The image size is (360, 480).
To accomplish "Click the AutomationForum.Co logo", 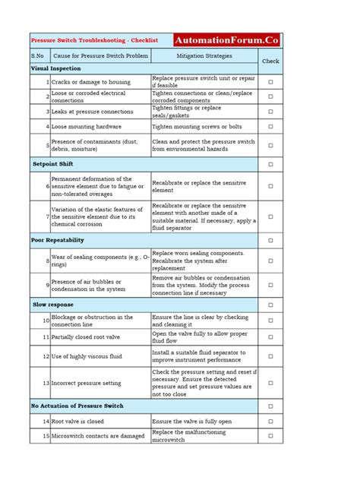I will click(x=226, y=39).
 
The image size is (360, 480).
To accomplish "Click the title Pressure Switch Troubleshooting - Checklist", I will click(x=93, y=39).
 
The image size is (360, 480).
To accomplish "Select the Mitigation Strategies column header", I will click(x=204, y=55).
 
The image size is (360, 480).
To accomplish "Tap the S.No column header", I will click(x=39, y=55).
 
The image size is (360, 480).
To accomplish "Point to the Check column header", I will click(x=270, y=61).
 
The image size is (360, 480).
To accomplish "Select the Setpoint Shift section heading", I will click(x=53, y=164).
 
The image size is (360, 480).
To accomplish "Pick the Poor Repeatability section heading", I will click(x=58, y=240).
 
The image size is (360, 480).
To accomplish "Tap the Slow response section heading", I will click(x=52, y=304).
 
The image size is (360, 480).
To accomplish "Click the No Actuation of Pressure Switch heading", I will click(x=77, y=406).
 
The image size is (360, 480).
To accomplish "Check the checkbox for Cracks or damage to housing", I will click(x=270, y=81).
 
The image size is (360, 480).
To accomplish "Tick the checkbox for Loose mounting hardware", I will click(x=270, y=126).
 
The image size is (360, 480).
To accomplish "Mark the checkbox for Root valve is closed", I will click(x=270, y=420).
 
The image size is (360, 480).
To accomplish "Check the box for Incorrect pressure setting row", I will click(x=270, y=384).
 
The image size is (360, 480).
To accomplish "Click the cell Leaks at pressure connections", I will click(x=92, y=111).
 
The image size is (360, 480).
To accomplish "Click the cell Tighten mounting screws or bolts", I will click(x=197, y=126).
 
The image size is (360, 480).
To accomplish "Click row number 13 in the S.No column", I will click(x=46, y=384).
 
